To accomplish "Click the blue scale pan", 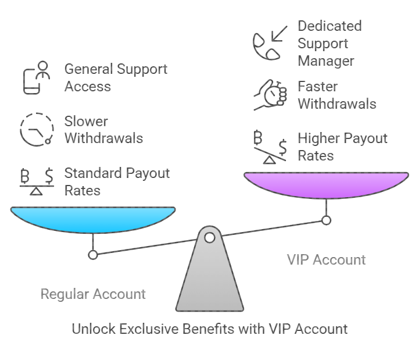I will [x=93, y=219].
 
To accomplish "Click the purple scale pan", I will [x=326, y=184].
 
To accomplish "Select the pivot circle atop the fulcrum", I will [x=210, y=237].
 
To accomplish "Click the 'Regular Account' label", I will [x=93, y=294].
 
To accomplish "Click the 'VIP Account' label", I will [x=326, y=259].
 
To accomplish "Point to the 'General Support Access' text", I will [x=116, y=77].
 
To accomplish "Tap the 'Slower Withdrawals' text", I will [x=103, y=130].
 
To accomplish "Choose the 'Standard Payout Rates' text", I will [x=117, y=181].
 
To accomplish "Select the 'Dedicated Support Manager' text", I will [x=330, y=43].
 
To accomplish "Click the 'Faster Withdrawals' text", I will [x=336, y=95].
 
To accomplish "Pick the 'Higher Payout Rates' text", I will [x=342, y=147].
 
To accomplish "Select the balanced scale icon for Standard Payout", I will [x=36, y=181].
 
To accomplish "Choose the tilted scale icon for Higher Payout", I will [x=270, y=147].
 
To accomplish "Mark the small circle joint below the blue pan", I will [x=93, y=254].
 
